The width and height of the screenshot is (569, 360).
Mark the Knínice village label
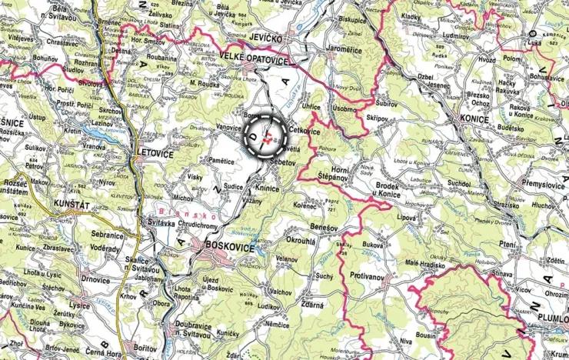pos(266,188)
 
